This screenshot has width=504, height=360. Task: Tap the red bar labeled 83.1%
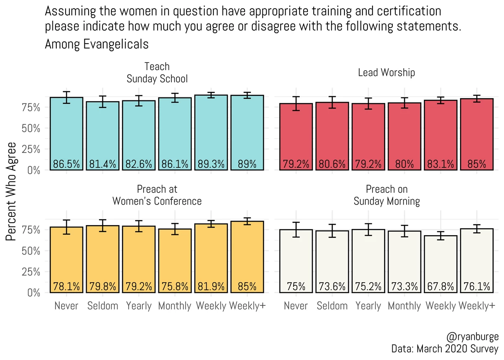coord(440,135)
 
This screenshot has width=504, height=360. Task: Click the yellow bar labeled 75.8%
coord(175,260)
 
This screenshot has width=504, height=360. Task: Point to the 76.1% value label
coord(477,286)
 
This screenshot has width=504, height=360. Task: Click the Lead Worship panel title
coord(386,72)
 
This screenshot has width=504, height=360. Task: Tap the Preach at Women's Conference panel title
coord(157,195)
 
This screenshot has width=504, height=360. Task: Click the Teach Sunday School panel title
coord(157,73)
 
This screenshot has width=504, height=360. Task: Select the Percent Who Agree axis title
coord(11,191)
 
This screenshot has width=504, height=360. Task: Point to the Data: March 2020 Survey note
coord(445,349)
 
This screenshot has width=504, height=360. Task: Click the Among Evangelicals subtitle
coord(97,44)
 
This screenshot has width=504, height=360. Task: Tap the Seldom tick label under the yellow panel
coord(103,306)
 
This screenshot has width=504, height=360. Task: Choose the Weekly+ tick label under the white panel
coord(477,306)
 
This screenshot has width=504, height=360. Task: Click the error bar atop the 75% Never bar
coord(296,229)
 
